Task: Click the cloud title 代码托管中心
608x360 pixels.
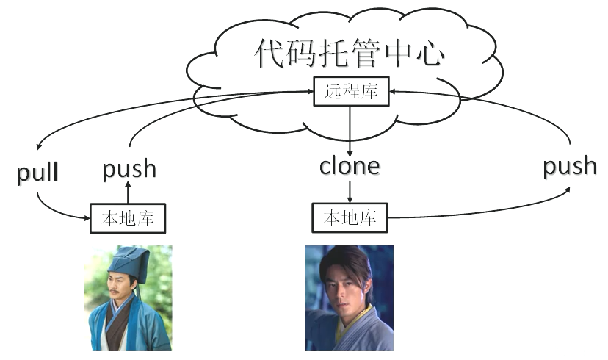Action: pyautogui.click(x=351, y=54)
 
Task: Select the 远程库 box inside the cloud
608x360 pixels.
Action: pyautogui.click(x=350, y=92)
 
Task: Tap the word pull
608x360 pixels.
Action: pyautogui.click(x=37, y=173)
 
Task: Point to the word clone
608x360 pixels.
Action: pyautogui.click(x=350, y=166)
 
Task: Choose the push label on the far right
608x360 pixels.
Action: pyautogui.click(x=570, y=166)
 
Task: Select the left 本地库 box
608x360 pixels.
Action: pyautogui.click(x=128, y=218)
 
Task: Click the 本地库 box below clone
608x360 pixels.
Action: pyautogui.click(x=350, y=217)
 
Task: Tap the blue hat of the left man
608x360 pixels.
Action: pyautogui.click(x=130, y=263)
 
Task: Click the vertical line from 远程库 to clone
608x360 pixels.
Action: pyautogui.click(x=350, y=129)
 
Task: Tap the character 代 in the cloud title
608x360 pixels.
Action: pyautogui.click(x=271, y=54)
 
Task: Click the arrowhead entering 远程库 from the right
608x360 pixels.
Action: pyautogui.click(x=392, y=92)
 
